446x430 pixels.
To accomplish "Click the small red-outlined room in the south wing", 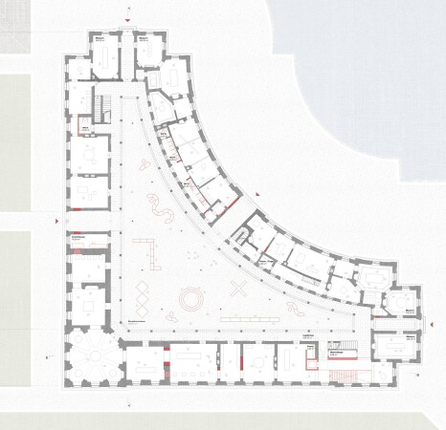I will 310,359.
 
